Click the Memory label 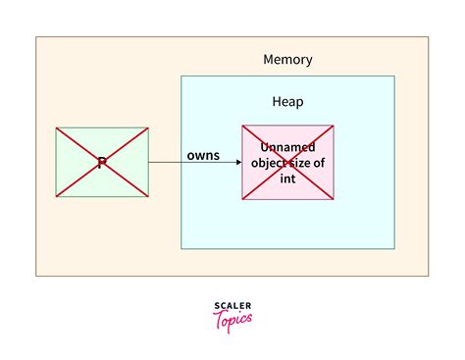pyautogui.click(x=287, y=59)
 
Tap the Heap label pyautogui.click(x=287, y=101)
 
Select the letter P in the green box pyautogui.click(x=102, y=163)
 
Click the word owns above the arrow pyautogui.click(x=203, y=156)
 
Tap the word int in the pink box pyautogui.click(x=287, y=180)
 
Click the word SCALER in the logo pyautogui.click(x=232, y=306)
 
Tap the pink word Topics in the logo pyautogui.click(x=232, y=319)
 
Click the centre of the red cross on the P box pyautogui.click(x=102, y=163)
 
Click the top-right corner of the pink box pyautogui.click(x=334, y=126)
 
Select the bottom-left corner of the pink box pyautogui.click(x=242, y=199)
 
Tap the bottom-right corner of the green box pyautogui.click(x=148, y=197)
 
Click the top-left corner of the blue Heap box pyautogui.click(x=181, y=77)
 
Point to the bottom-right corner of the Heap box pyautogui.click(x=394, y=248)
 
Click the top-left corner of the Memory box pyautogui.click(x=36, y=37)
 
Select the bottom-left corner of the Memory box pyautogui.click(x=36, y=276)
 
